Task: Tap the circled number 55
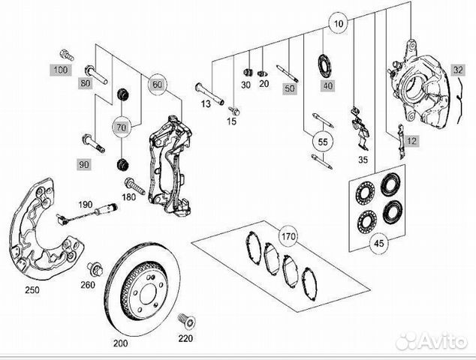[x=324, y=141]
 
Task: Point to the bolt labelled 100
[x=65, y=55]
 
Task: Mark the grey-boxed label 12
[x=410, y=140]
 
